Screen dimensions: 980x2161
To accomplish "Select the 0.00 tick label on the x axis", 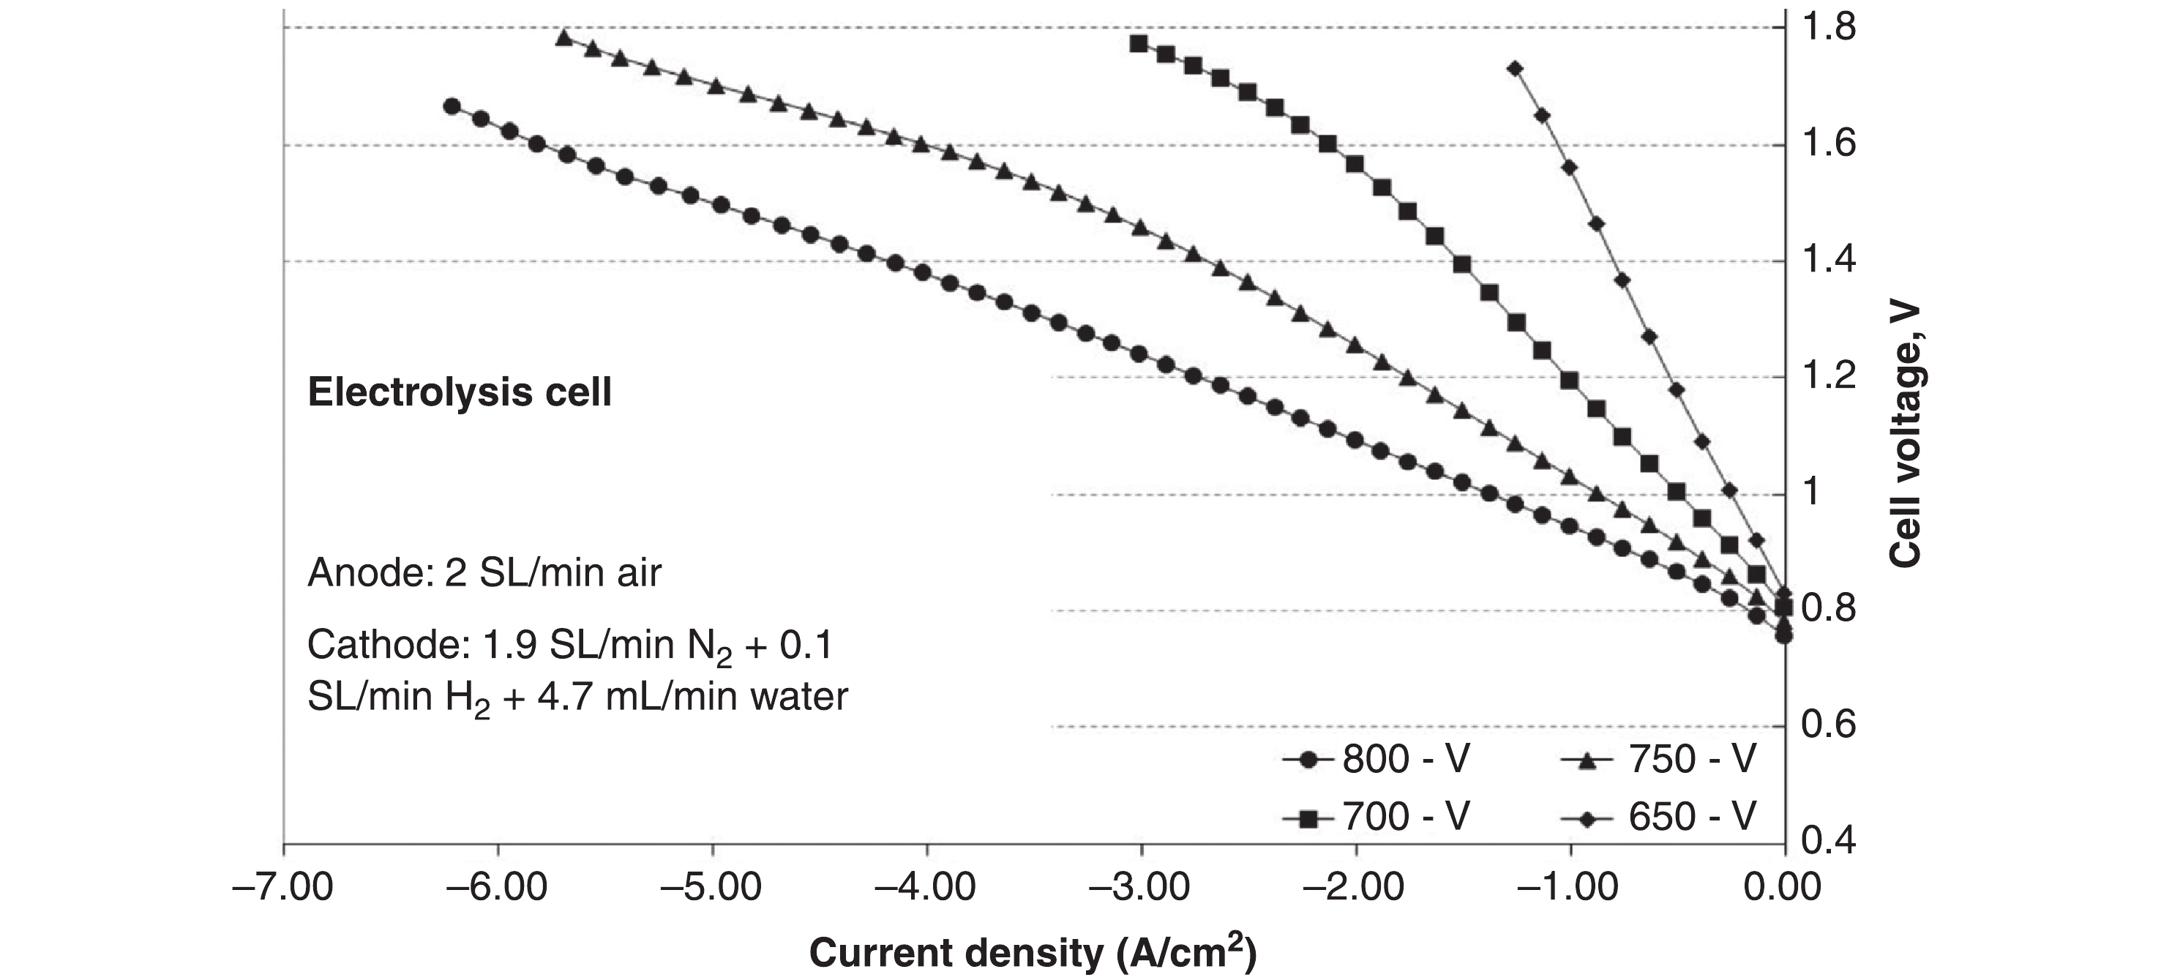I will click(1782, 888).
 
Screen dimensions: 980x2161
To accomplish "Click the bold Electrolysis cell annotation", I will click(460, 392).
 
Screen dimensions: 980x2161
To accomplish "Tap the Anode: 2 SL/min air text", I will click(484, 573).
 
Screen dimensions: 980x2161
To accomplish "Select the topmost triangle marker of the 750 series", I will click(563, 38).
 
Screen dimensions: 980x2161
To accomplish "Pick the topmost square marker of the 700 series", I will click(1139, 44).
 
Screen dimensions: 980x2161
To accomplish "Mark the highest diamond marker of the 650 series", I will click(1515, 69).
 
